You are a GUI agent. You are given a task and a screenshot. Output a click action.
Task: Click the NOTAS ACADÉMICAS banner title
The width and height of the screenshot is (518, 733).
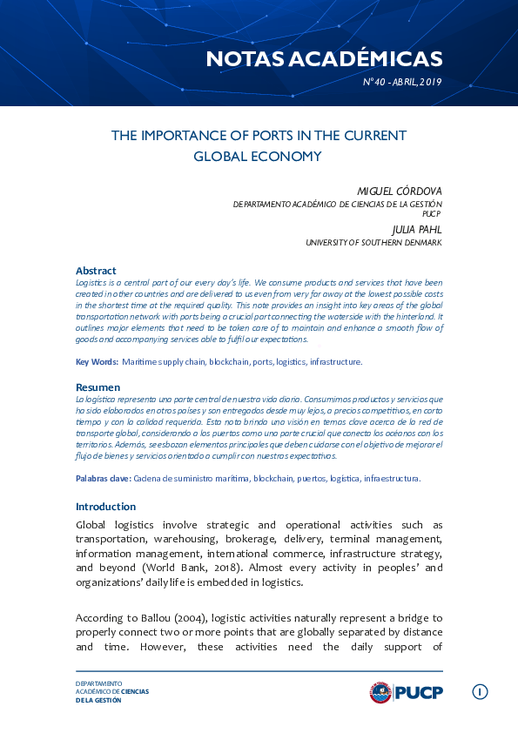tap(324, 58)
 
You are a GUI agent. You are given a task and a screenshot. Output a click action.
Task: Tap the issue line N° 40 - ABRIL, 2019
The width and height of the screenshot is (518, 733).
tap(402, 82)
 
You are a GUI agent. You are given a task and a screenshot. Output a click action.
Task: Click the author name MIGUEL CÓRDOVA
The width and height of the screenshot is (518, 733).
tap(400, 191)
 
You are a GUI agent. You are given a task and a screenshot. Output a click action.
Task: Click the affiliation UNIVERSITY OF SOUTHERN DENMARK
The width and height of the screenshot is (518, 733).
tap(373, 242)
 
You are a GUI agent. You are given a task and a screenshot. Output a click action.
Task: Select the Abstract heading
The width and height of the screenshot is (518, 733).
tap(96, 271)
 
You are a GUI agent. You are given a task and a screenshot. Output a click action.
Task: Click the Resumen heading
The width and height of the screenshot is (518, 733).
tap(98, 387)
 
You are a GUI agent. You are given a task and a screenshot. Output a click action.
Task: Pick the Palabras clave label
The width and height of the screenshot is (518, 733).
tap(103, 478)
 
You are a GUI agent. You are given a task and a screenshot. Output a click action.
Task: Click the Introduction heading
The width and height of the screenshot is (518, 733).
tap(105, 507)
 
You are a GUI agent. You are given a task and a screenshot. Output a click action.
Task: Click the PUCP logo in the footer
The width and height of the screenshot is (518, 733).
tap(406, 692)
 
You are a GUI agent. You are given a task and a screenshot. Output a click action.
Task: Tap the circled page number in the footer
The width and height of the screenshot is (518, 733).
tap(480, 692)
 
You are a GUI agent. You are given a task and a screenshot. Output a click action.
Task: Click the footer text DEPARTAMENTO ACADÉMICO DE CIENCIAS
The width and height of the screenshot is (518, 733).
tap(112, 688)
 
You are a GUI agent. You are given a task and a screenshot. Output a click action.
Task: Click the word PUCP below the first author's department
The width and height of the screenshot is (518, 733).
tap(432, 212)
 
